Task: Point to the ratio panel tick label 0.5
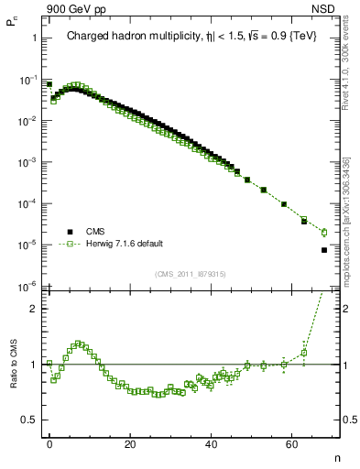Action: (x=29, y=420)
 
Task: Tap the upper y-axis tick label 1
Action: (x=34, y=38)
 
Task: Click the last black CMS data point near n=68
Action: (x=324, y=250)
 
